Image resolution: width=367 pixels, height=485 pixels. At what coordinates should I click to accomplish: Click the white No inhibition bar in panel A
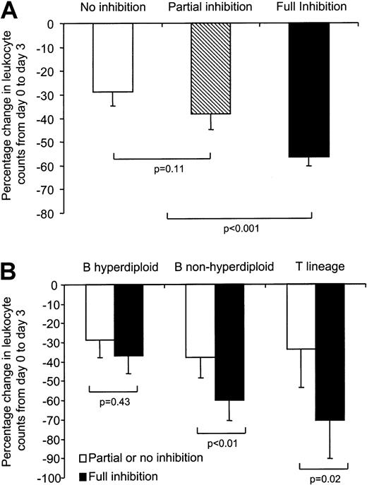pos(113,57)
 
